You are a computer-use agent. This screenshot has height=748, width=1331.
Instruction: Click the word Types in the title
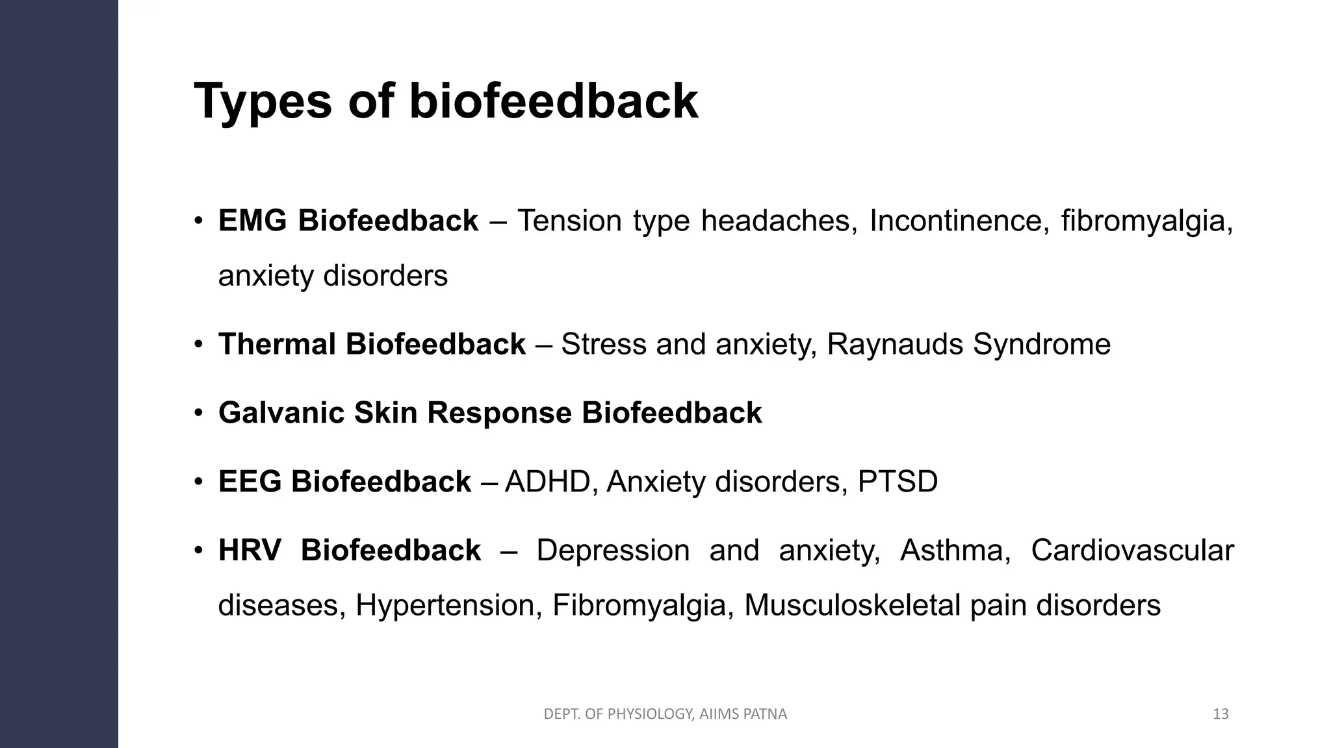pos(263,102)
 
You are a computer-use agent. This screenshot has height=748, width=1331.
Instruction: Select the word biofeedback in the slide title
pos(553,102)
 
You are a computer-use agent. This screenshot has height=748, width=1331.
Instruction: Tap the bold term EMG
pos(252,221)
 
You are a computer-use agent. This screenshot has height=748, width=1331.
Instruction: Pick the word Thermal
pos(276,344)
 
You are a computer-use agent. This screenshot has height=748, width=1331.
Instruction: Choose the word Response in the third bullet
pos(498,413)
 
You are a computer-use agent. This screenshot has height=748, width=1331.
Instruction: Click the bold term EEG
pos(250,482)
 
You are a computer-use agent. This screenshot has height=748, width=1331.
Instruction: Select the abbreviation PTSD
pos(898,482)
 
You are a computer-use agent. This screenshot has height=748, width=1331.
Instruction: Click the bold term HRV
pos(250,551)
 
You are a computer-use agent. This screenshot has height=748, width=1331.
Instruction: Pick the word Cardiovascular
pos(1132,551)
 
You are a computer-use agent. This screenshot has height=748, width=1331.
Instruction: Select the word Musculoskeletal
pos(852,605)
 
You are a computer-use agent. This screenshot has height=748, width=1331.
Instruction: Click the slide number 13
pos(1221,714)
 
